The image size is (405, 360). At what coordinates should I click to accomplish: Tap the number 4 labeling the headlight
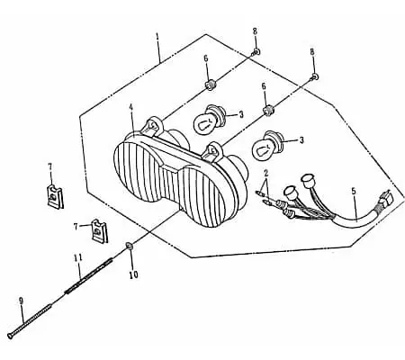point(130,107)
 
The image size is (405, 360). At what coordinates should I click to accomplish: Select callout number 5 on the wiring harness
point(354,191)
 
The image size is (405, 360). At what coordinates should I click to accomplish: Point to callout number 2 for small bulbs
point(265,173)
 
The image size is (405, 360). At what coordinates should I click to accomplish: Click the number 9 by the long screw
point(21,301)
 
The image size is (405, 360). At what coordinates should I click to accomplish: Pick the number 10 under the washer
point(133,274)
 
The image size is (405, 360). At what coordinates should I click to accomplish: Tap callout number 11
point(78,257)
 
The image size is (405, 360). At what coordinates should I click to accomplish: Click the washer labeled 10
point(130,246)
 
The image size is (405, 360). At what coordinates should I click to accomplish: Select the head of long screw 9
point(11,336)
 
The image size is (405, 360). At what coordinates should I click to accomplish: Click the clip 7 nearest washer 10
point(99,230)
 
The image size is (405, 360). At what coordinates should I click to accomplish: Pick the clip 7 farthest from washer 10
point(56,196)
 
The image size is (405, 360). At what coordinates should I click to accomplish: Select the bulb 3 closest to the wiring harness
point(267,143)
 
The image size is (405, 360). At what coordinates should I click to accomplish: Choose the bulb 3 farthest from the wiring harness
point(209,119)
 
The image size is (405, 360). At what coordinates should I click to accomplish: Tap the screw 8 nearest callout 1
point(256,52)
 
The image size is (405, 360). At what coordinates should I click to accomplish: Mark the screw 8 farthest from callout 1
point(314,77)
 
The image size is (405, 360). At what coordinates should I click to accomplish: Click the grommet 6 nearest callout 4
point(210,85)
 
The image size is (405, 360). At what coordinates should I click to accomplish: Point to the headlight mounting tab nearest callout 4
point(153,124)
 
